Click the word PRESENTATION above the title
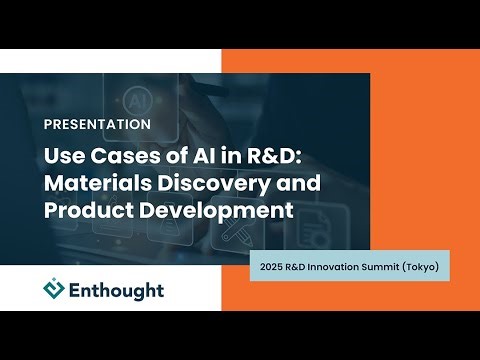(98, 125)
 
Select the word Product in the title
(83, 211)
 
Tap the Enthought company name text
(118, 290)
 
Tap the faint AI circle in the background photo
(133, 101)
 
